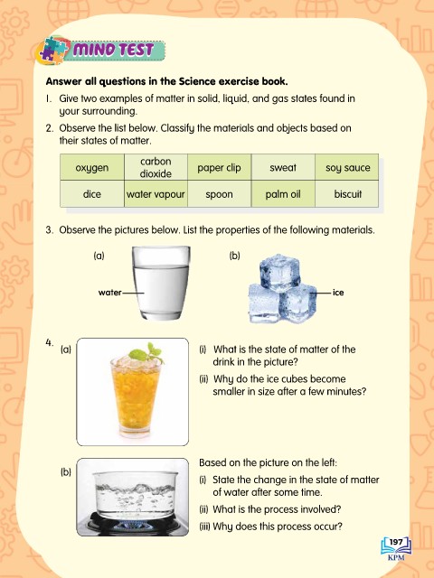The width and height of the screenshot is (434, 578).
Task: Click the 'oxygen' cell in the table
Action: click(92, 167)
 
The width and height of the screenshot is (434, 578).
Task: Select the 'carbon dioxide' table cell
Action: click(156, 167)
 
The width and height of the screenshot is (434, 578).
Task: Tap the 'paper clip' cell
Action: click(219, 167)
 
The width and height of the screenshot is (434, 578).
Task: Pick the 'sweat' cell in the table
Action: click(283, 167)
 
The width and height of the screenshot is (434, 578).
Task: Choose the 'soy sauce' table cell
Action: click(347, 167)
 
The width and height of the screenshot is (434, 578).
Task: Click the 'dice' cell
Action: click(92, 194)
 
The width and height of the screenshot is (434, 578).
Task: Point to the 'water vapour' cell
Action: click(156, 194)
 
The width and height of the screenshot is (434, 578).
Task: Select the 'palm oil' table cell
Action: click(283, 194)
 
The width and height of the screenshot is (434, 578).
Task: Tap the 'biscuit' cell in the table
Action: click(347, 194)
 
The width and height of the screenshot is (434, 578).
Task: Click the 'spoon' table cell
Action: click(219, 194)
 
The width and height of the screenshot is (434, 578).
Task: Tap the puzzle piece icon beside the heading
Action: click(52, 50)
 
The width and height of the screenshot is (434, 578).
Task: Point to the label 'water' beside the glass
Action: click(109, 293)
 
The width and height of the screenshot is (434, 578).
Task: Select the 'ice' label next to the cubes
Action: click(338, 293)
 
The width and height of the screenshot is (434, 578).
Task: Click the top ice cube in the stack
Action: click(279, 272)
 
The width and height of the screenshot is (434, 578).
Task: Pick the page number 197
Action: click(396, 542)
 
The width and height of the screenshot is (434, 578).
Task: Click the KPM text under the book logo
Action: click(396, 557)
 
